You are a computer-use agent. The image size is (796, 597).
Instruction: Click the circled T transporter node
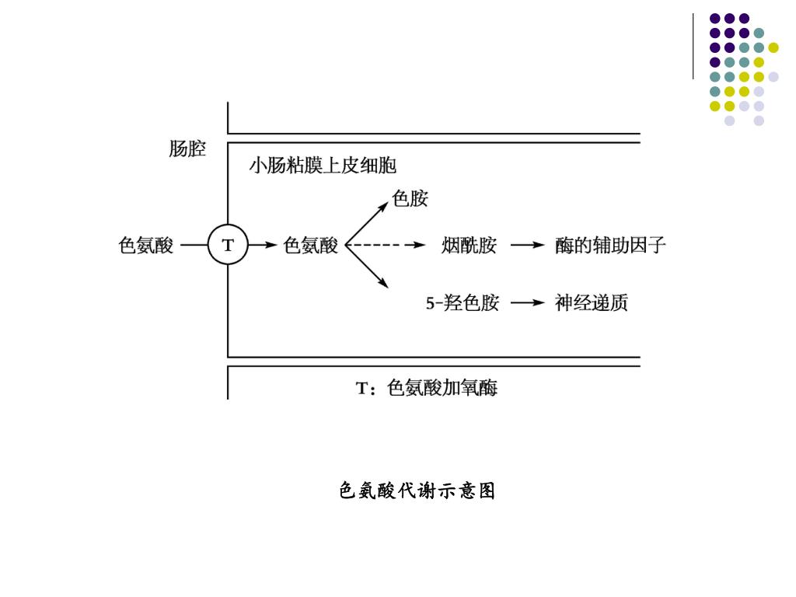point(228,245)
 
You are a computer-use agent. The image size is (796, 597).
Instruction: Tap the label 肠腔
point(187,148)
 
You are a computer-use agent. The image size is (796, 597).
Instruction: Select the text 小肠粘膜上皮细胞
point(322,166)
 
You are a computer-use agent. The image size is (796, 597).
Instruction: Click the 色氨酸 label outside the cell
point(146,246)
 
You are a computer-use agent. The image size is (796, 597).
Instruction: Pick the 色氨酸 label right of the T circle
point(310,246)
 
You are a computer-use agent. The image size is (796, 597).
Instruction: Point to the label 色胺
point(410,199)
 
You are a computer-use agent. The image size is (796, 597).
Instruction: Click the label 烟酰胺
point(469,246)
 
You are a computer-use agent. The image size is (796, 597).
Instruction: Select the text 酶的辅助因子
point(610,246)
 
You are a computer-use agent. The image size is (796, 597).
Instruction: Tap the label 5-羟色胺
point(463,303)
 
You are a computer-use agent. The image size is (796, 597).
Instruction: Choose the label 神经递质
point(591,303)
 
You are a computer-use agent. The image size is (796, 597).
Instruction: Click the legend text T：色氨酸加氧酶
point(426,387)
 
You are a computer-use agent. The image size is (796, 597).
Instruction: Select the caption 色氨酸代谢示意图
point(417,491)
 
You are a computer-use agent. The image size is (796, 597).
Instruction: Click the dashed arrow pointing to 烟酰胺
point(386,246)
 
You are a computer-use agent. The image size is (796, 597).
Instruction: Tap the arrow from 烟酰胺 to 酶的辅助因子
point(527,246)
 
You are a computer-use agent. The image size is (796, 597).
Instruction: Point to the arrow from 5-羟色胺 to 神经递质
point(527,303)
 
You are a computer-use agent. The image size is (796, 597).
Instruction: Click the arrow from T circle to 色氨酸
point(262,246)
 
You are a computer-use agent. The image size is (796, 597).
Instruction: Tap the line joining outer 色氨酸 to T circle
point(194,246)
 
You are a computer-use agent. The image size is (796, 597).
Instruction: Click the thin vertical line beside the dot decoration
point(693,47)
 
